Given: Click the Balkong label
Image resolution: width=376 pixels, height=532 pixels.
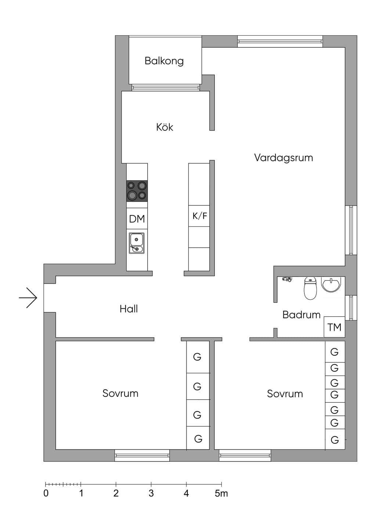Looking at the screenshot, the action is tap(164, 61).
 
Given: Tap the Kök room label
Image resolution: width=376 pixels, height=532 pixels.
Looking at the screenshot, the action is tap(164, 127).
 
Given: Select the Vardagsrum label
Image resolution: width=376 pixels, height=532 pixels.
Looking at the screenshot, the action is tap(283, 158).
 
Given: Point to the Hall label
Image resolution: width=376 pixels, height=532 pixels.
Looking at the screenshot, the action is tap(129, 309).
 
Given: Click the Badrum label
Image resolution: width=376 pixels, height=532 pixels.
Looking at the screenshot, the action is tap(301, 315).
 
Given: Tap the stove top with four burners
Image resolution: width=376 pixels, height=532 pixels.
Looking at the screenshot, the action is tap(137, 191).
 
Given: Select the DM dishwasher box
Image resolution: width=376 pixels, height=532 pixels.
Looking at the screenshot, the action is tap(137, 219).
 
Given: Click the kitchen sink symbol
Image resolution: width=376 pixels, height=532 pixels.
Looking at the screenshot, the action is tap(137, 243).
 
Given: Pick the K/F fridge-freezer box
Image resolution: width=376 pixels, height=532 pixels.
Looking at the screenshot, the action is tap(199, 216).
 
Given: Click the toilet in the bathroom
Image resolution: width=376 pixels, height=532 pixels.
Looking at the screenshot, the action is tap(311, 288).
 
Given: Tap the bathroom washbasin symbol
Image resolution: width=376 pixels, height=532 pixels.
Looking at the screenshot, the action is tap(331, 284).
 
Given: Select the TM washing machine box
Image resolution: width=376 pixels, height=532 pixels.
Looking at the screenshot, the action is tap(334, 327).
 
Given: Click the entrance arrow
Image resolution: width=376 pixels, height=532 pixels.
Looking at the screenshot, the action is tap(28, 298).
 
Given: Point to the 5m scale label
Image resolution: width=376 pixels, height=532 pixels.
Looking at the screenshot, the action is tap(221, 493).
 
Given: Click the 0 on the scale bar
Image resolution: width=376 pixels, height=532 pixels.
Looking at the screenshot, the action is tap(46, 493).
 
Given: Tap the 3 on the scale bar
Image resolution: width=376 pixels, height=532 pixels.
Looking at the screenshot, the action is tap(151, 493).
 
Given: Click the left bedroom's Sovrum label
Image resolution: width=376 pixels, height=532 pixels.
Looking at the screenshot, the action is tap(120, 393).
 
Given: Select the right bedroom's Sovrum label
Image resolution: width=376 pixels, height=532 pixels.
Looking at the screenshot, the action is tap(285, 394).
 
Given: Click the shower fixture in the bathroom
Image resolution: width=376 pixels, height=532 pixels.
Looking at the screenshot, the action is tap(287, 279).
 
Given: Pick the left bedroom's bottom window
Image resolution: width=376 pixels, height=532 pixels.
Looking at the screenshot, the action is tap(142, 455).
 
